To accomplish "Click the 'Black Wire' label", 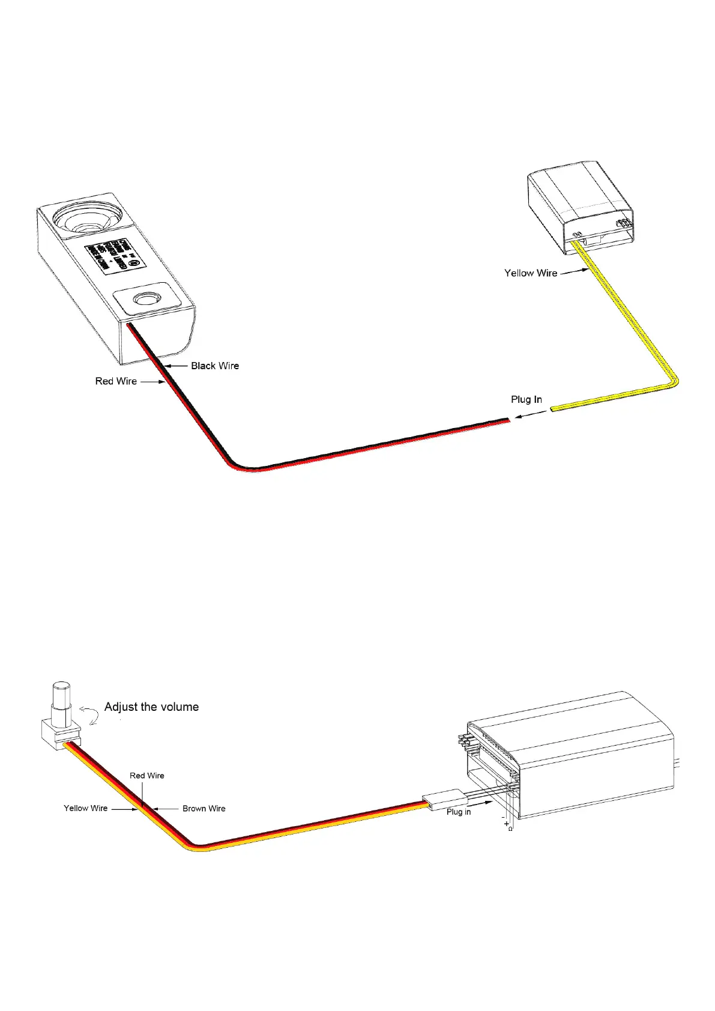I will click(x=215, y=366).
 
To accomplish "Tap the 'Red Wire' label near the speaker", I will click(x=116, y=381).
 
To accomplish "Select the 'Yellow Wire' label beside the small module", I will click(x=531, y=273).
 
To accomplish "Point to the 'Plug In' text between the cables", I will click(x=526, y=399).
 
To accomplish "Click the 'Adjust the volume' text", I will click(x=151, y=707).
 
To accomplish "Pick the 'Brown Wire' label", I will click(x=204, y=809).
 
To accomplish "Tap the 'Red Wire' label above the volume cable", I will click(x=147, y=776).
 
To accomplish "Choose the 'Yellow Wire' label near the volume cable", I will click(x=86, y=808).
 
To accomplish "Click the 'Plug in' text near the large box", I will click(x=459, y=812).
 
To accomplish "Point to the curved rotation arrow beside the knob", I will click(x=91, y=714).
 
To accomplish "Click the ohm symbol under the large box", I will click(x=510, y=829).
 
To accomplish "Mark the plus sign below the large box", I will click(x=506, y=823).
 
